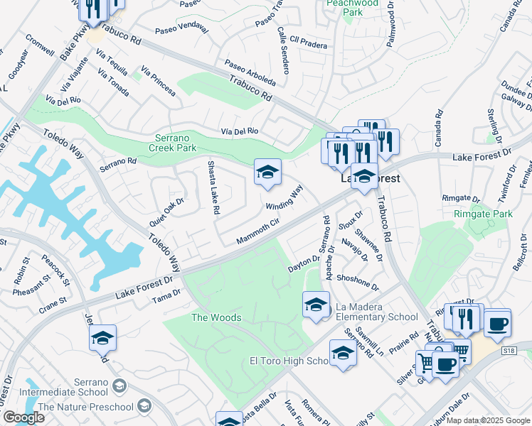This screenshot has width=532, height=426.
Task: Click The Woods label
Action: coord(216,317)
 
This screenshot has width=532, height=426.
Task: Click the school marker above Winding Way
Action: coord(267,172)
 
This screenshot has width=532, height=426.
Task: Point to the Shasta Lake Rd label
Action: coord(213,187)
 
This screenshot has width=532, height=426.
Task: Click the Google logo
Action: coord(23,417)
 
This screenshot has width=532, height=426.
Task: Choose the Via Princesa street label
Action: coord(158,82)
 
